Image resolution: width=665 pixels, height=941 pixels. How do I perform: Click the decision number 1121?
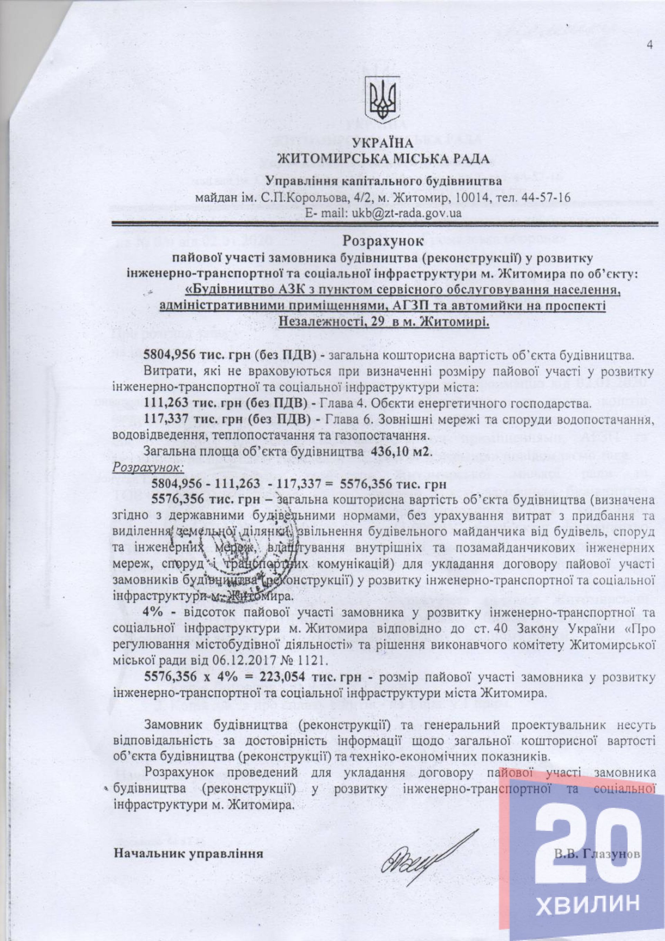pyautogui.click(x=315, y=661)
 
